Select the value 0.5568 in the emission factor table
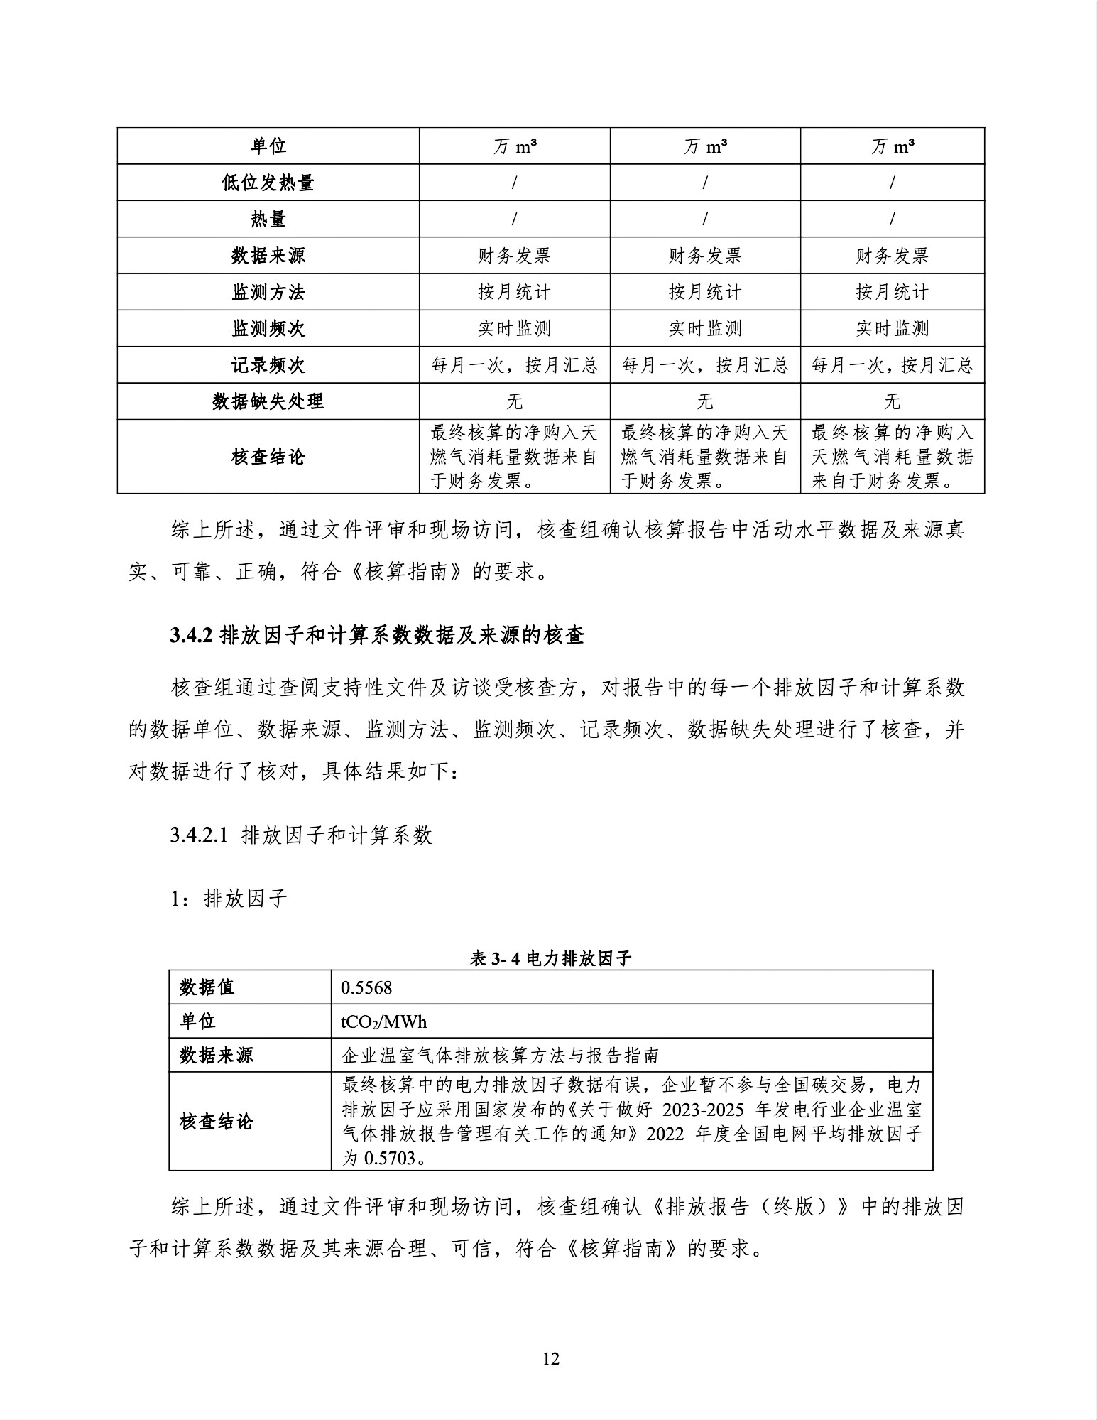pos(366,987)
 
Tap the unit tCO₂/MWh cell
pos(384,1021)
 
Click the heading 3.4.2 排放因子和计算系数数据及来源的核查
pos(377,635)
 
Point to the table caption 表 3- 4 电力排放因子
pos(550,958)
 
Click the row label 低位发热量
pos(268,183)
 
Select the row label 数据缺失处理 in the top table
pos(268,401)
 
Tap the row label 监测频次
pos(268,328)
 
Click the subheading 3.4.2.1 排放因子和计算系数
pos(301,835)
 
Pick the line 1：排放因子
pos(229,899)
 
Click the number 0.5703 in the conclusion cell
pos(389,1158)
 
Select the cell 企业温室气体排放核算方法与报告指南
pos(501,1056)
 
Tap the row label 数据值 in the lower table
pos(207,987)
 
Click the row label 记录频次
pos(268,365)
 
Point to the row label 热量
pos(268,219)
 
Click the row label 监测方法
pos(268,292)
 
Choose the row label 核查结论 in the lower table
pos(216,1122)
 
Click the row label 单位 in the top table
pos(268,146)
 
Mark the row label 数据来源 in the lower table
pos(216,1056)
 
